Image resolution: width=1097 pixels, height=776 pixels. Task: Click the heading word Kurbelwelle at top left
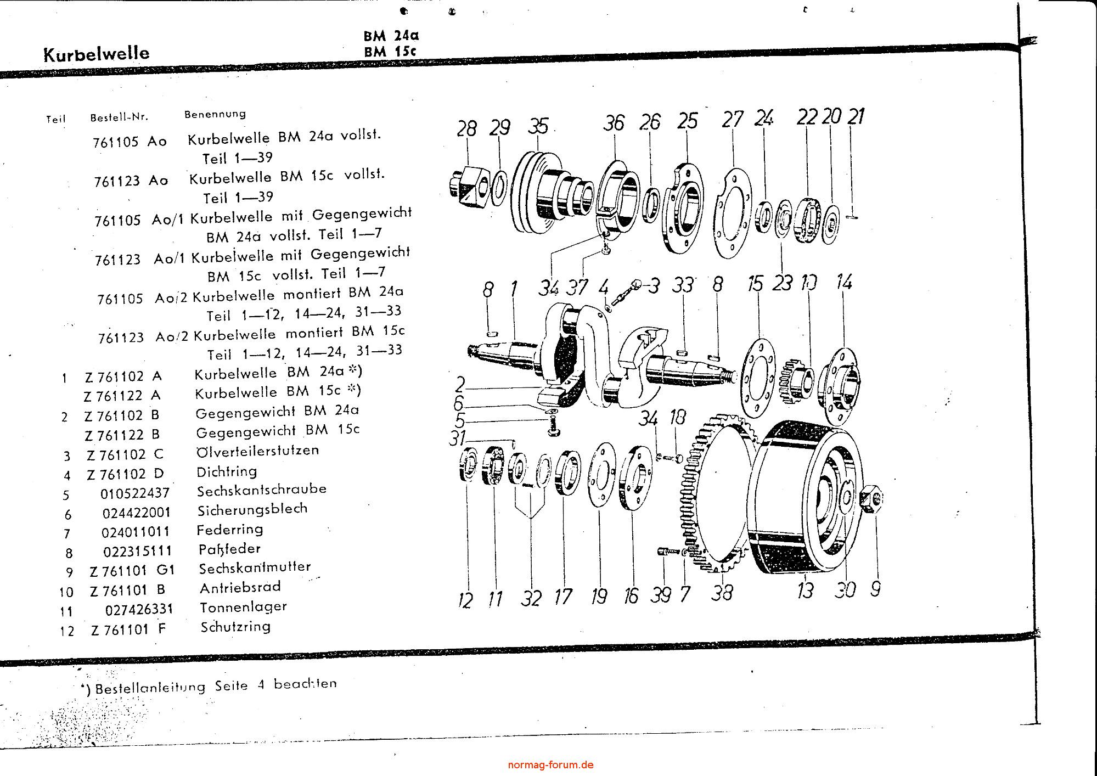[x=96, y=54]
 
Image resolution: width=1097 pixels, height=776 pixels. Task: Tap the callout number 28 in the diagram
[x=466, y=129]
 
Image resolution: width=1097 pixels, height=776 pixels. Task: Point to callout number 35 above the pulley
[x=538, y=126]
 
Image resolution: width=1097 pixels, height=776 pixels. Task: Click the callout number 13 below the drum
[x=805, y=590]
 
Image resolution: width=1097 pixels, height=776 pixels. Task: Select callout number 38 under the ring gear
[x=722, y=592]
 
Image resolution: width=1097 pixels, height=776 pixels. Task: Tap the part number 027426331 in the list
[x=139, y=609]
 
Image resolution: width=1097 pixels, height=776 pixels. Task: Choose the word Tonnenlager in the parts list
[x=243, y=607]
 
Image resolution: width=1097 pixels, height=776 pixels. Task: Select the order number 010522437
[x=135, y=493]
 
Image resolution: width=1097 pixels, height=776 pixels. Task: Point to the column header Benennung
[x=215, y=114]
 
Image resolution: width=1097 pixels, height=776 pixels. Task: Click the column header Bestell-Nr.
[x=119, y=117]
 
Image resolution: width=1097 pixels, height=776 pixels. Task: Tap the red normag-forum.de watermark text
[x=550, y=764]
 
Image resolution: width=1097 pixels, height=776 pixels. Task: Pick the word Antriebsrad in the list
[x=240, y=587]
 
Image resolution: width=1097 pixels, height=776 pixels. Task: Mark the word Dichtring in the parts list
[x=227, y=471]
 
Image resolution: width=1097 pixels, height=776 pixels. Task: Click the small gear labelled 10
[x=791, y=379]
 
